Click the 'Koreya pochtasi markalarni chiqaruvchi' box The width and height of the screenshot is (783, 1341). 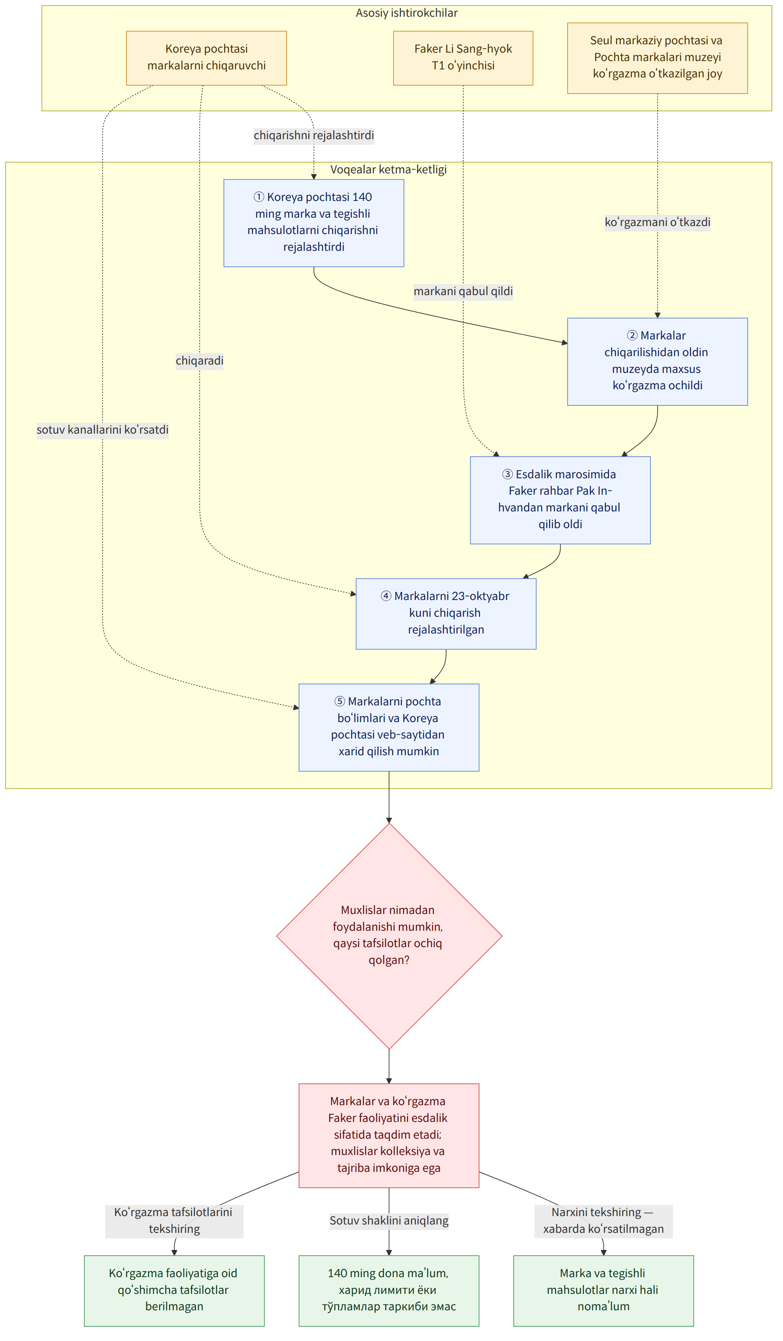(206, 58)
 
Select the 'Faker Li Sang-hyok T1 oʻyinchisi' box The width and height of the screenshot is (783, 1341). (463, 58)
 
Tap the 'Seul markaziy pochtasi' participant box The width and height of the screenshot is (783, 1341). (657, 58)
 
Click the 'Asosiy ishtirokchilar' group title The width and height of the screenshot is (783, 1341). (406, 13)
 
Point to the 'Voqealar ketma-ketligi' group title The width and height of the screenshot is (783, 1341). (388, 169)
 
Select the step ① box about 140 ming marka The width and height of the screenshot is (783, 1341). (314, 223)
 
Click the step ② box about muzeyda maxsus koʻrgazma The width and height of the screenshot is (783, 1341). (657, 362)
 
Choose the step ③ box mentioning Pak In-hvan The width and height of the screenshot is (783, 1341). (560, 500)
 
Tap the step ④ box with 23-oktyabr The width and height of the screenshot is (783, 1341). (446, 614)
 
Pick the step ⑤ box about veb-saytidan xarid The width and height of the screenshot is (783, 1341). (389, 727)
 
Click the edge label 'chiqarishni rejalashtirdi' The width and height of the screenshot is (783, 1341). (314, 135)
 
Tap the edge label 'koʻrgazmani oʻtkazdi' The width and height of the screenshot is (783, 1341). (657, 222)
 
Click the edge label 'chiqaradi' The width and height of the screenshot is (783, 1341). (199, 361)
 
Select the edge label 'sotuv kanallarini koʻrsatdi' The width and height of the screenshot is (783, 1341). (102, 429)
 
